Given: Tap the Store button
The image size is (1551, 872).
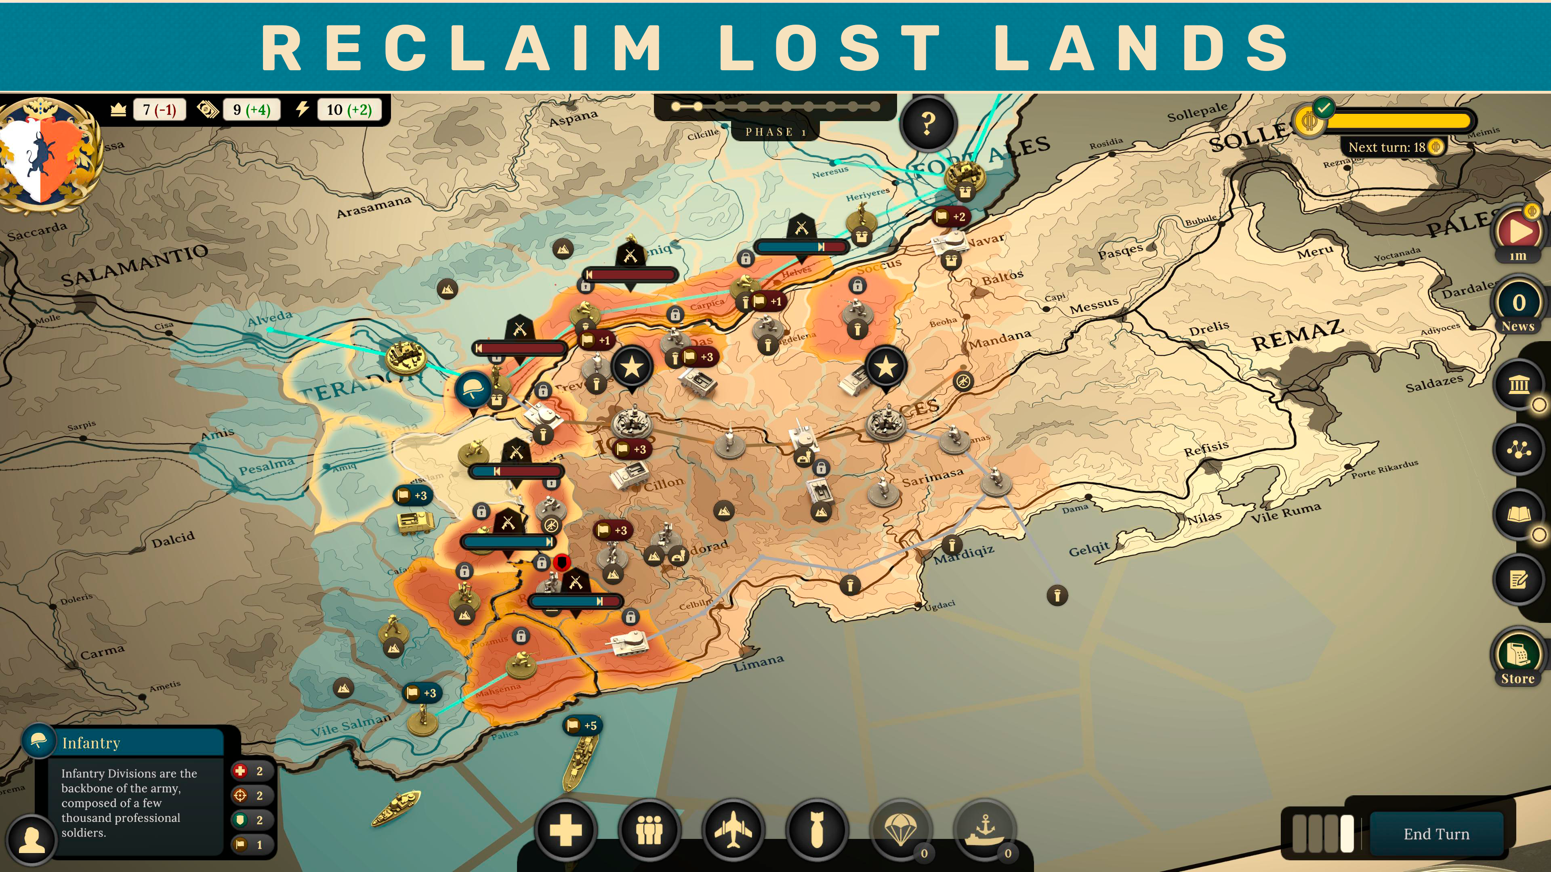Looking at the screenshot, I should (x=1517, y=662).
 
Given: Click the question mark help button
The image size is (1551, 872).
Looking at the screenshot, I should (x=928, y=124).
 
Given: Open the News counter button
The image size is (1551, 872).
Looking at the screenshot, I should (x=1519, y=307).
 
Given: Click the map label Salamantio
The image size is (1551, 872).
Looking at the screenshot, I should (x=135, y=265).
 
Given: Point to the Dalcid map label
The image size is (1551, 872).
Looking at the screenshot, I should (x=173, y=540).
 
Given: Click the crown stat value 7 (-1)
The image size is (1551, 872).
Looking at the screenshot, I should (x=159, y=109).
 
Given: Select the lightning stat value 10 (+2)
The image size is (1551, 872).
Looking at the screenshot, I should (x=349, y=109).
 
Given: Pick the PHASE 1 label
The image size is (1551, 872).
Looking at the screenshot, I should (x=775, y=132).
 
